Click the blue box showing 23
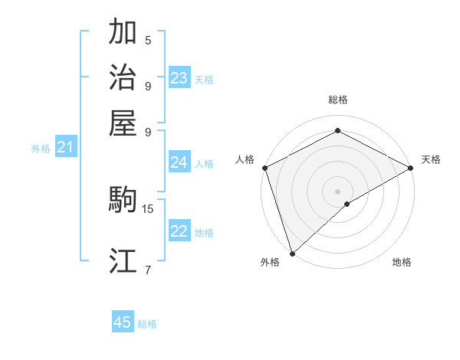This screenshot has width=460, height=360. [179, 78]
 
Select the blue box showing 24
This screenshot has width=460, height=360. [179, 162]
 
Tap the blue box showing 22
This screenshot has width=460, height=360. [179, 232]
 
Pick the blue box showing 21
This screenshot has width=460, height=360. [65, 148]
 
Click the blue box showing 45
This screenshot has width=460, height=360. [123, 322]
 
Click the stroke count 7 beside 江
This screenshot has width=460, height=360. [147, 269]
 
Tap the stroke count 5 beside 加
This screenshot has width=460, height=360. [147, 41]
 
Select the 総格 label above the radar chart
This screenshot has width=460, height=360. [337, 100]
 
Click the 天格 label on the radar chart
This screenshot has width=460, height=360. [432, 159]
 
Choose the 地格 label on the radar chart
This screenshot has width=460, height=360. [402, 262]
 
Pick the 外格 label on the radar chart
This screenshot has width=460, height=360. [270, 262]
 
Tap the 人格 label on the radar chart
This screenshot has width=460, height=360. [245, 159]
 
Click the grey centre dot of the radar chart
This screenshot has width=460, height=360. [337, 191]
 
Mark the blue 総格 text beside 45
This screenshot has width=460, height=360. [147, 324]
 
